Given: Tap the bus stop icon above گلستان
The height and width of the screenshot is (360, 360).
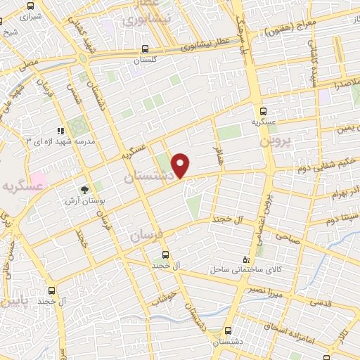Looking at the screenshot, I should (x=144, y=49).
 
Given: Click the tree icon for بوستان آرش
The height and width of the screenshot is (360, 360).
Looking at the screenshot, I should (x=85, y=190).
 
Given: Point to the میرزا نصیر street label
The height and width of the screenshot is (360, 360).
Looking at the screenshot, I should (x=266, y=292).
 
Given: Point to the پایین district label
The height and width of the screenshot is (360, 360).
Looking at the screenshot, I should (x=13, y=304).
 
